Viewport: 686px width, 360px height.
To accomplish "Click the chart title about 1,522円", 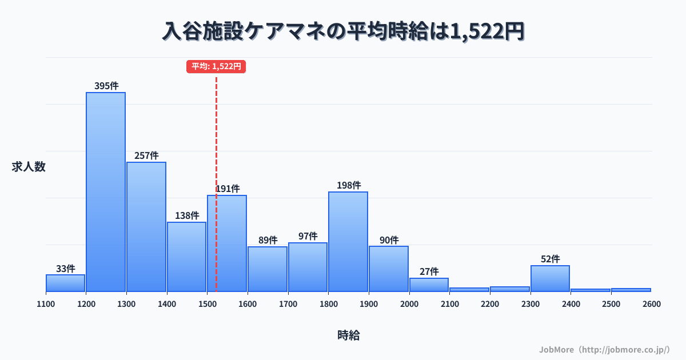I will pyautogui.click(x=343, y=31).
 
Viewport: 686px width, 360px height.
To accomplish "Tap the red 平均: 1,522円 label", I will pyautogui.click(x=216, y=66).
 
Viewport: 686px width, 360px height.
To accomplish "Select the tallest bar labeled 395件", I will pyautogui.click(x=106, y=191).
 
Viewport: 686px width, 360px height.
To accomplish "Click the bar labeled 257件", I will pyautogui.click(x=146, y=227).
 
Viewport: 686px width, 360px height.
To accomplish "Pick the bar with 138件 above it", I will pyautogui.click(x=186, y=257).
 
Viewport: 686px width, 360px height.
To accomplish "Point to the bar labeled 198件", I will pyautogui.click(x=348, y=241).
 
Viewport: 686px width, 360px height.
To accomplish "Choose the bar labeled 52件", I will pyautogui.click(x=550, y=278).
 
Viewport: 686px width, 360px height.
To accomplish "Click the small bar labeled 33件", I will pyautogui.click(x=65, y=283).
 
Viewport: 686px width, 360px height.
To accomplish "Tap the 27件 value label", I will pyautogui.click(x=429, y=271).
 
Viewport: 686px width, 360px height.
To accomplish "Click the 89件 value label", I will pyautogui.click(x=268, y=240).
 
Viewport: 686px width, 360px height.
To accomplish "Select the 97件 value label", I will pyautogui.click(x=308, y=236).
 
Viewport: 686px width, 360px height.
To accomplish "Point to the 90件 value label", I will pyautogui.click(x=389, y=240).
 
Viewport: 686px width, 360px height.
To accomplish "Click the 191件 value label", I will pyautogui.click(x=228, y=189).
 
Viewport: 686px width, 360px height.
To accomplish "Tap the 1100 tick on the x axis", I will pyautogui.click(x=46, y=304).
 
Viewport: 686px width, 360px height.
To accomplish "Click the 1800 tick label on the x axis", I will pyautogui.click(x=328, y=304).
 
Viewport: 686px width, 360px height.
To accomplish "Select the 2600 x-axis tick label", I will pyautogui.click(x=651, y=304).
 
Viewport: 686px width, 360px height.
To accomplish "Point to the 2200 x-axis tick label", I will pyautogui.click(x=490, y=304).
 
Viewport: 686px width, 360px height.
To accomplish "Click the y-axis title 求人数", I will pyautogui.click(x=29, y=167).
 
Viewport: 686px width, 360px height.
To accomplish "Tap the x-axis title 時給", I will pyautogui.click(x=348, y=335).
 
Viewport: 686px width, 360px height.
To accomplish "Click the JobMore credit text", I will pyautogui.click(x=604, y=349).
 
